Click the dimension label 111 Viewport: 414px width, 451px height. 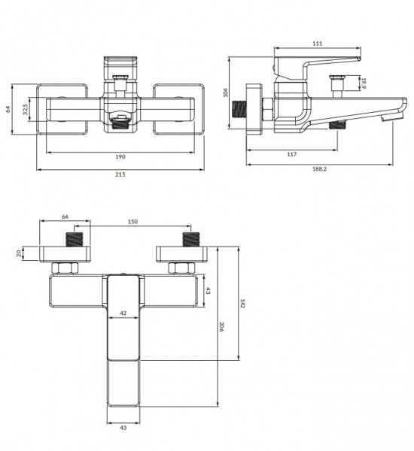tap(317, 44)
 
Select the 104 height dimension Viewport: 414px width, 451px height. tap(225, 92)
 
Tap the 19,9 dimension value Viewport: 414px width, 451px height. tap(364, 83)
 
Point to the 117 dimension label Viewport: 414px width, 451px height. tap(291, 154)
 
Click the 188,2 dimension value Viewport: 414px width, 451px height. tap(319, 169)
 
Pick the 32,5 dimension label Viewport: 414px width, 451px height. tap(26, 109)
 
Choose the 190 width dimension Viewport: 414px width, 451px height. tap(120, 157)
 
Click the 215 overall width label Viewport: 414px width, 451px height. tap(120, 174)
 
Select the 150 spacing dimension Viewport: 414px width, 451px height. tap(132, 222)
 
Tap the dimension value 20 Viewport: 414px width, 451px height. tap(19, 253)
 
